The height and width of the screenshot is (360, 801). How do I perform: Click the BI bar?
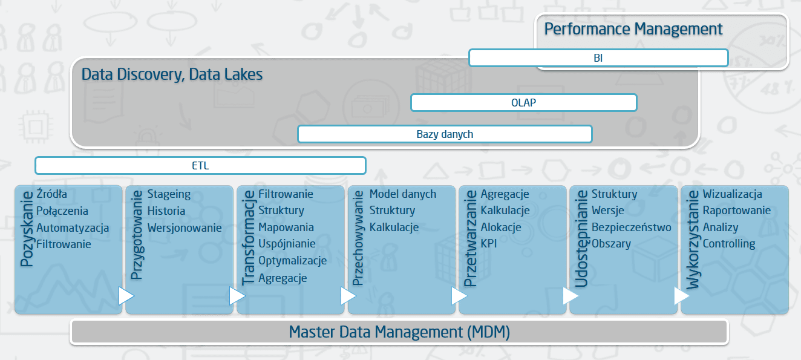click(x=598, y=58)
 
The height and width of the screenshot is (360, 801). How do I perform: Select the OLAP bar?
click(x=523, y=103)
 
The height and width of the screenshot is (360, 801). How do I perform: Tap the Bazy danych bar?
click(x=445, y=134)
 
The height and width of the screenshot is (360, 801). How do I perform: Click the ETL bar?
click(x=200, y=166)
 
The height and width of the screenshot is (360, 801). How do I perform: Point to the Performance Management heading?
click(x=633, y=29)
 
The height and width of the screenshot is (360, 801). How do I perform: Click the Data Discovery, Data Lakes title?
click(x=172, y=74)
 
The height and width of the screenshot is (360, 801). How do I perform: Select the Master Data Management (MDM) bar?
click(x=399, y=332)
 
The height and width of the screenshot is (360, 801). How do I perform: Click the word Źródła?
click(x=52, y=194)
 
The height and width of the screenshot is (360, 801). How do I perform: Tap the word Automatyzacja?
click(x=73, y=227)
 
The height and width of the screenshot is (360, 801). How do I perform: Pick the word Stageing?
click(x=169, y=194)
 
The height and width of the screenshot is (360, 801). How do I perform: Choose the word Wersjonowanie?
click(x=185, y=227)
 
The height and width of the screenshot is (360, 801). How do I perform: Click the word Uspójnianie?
click(x=287, y=244)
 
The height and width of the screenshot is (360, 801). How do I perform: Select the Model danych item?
click(x=402, y=194)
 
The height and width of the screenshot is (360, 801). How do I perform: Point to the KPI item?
click(x=489, y=244)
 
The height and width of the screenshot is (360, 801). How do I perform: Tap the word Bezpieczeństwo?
click(x=631, y=227)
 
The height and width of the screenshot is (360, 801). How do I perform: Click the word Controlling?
click(x=729, y=244)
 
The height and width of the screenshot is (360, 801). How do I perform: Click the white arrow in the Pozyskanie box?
click(x=126, y=296)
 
